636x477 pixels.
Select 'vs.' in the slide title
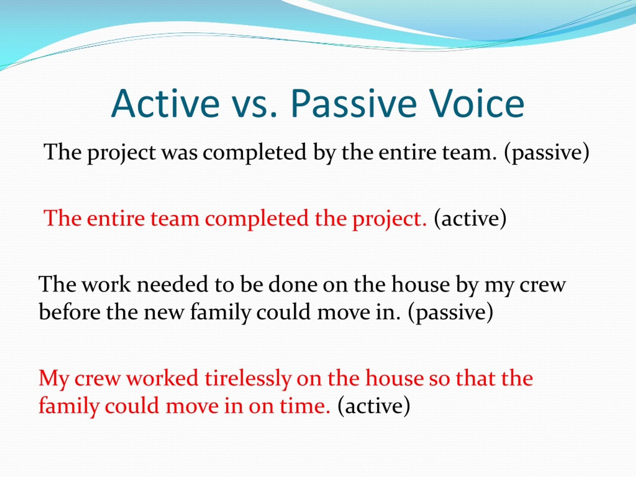coord(254,107)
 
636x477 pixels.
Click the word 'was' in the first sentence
coord(180,153)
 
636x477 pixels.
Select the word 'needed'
coord(172,284)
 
